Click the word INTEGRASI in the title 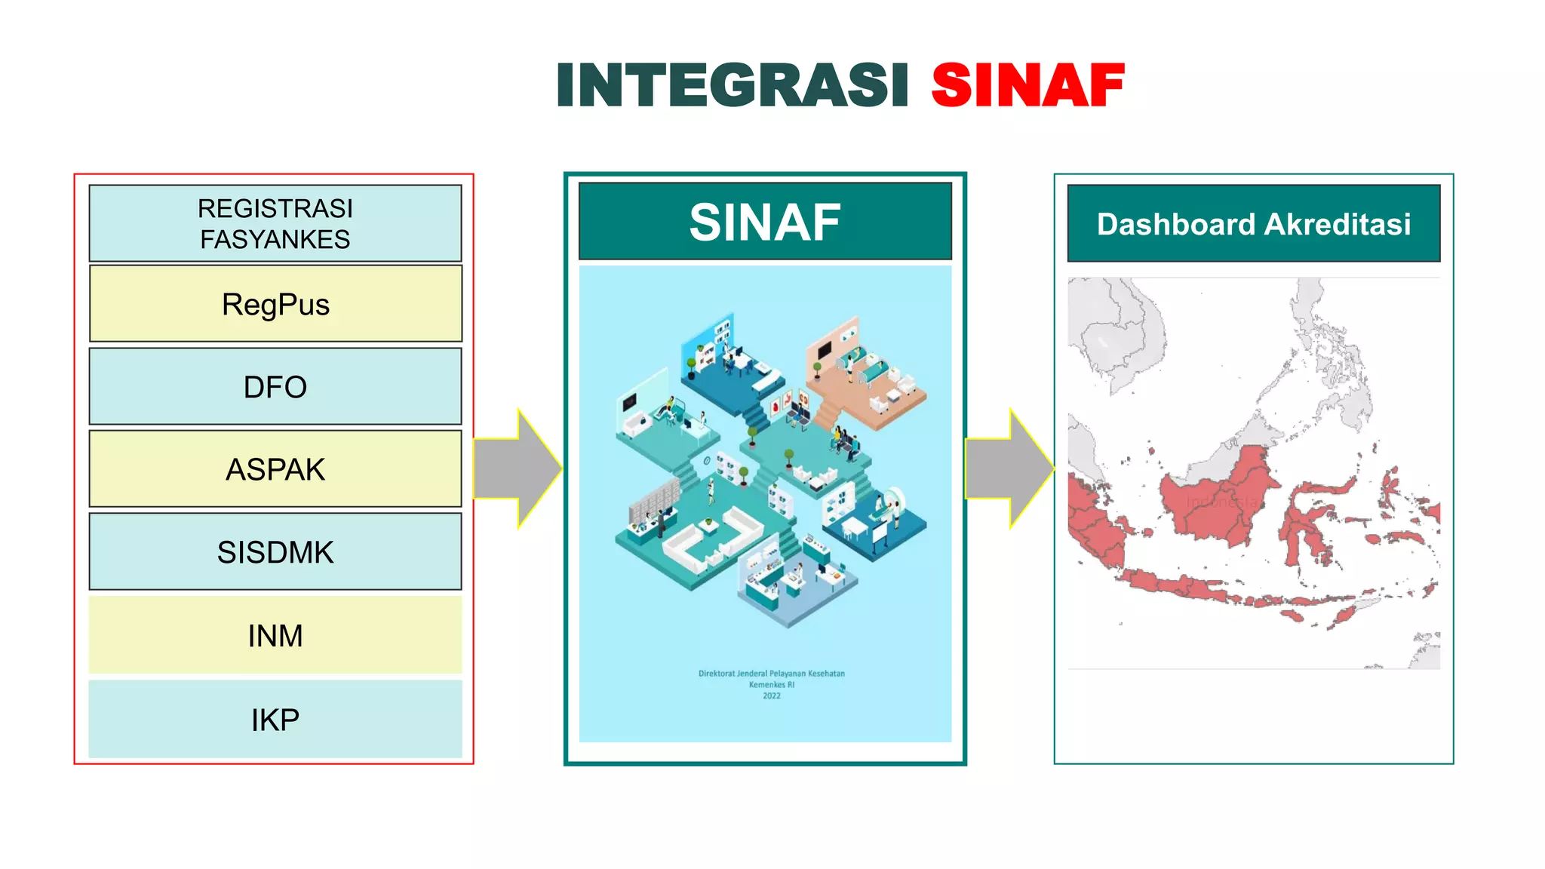(732, 84)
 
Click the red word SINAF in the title (1027, 84)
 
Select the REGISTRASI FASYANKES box (275, 223)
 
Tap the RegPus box (275, 304)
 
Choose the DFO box (275, 386)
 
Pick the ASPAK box (275, 469)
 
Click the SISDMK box (275, 552)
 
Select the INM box (275, 635)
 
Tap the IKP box (275, 719)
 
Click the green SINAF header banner (765, 222)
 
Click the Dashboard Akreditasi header (1253, 224)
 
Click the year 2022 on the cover (771, 696)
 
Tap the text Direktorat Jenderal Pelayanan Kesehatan (771, 674)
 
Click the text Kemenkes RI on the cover (771, 685)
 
